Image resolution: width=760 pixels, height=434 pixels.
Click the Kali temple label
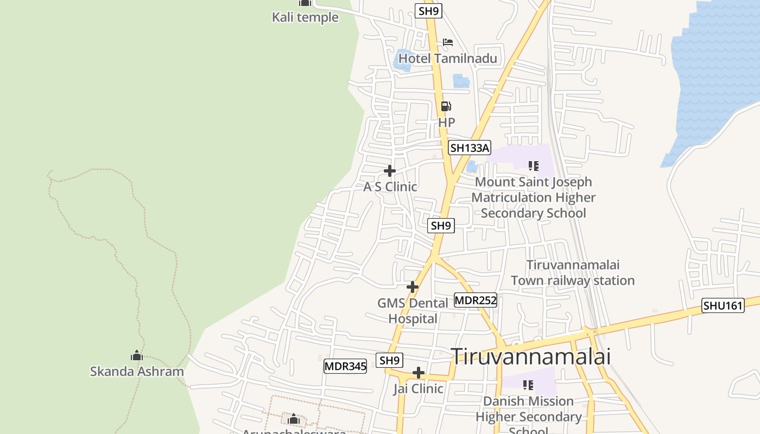click(x=305, y=17)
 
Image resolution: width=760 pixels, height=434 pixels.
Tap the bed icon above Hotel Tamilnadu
click(x=447, y=42)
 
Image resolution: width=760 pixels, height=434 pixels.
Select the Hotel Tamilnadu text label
click(x=448, y=58)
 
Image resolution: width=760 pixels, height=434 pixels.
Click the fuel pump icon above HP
click(x=446, y=106)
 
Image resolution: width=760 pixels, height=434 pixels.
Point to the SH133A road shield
click(x=470, y=148)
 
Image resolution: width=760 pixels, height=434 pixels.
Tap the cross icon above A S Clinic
click(x=390, y=171)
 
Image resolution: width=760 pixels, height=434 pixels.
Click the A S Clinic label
click(x=390, y=187)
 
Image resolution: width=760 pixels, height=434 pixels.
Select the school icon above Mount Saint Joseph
click(x=533, y=166)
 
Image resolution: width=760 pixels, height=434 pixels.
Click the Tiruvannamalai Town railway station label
click(x=573, y=273)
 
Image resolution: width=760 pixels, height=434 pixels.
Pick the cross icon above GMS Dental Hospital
click(x=413, y=286)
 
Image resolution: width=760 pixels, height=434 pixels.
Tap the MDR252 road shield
click(x=476, y=301)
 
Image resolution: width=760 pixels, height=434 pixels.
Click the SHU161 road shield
click(x=723, y=305)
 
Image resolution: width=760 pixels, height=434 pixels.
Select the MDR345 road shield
click(x=345, y=366)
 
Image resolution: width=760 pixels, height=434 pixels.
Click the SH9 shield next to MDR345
click(x=389, y=360)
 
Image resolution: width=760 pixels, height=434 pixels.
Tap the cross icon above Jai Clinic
click(x=418, y=373)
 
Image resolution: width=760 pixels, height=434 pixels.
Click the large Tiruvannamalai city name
click(x=531, y=356)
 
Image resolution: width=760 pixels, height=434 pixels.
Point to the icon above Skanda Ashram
click(x=137, y=356)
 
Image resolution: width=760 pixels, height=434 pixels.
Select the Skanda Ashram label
click(x=137, y=372)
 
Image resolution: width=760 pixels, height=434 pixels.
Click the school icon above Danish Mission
click(x=528, y=385)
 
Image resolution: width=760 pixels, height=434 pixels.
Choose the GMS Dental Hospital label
click(x=413, y=310)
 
